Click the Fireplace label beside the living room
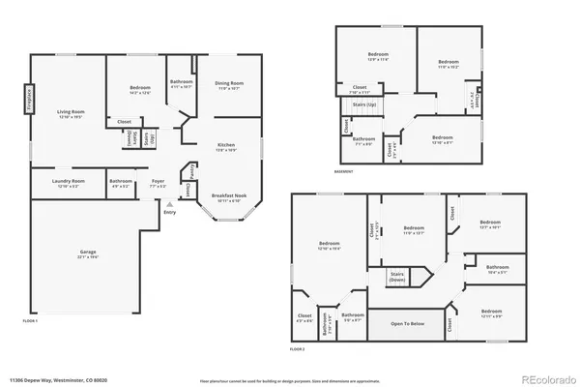(x=29, y=99)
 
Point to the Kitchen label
(x=225, y=148)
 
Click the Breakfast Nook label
(x=228, y=198)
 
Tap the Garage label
(x=88, y=253)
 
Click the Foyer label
(x=158, y=182)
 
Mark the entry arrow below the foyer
(x=170, y=204)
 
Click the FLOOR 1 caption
(x=29, y=320)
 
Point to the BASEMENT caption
(x=345, y=172)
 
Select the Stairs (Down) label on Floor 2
(x=397, y=277)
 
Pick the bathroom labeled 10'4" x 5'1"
(x=498, y=269)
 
